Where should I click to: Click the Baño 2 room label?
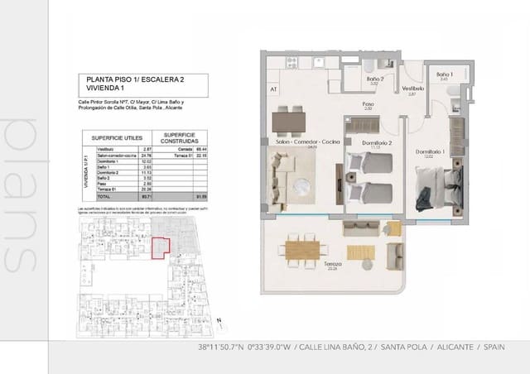(373, 79)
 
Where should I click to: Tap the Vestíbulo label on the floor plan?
(412, 88)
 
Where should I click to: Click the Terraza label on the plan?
(333, 264)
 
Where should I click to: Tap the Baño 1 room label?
(446, 74)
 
